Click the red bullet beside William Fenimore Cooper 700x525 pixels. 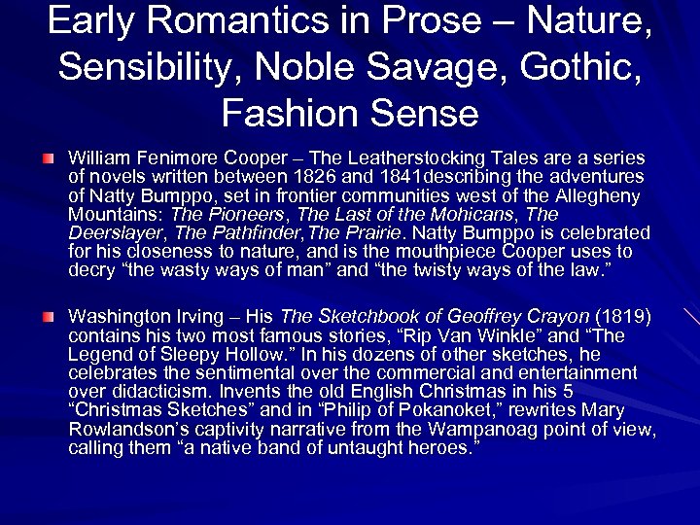48,157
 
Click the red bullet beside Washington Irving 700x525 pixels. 48,317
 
